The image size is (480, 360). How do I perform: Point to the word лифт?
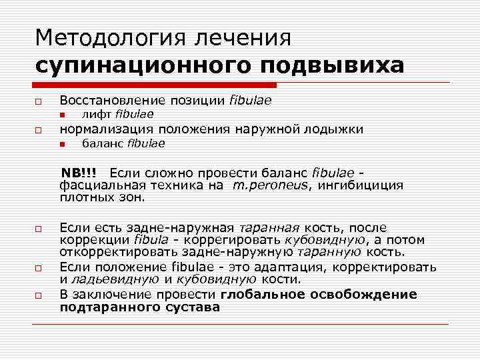point(94,114)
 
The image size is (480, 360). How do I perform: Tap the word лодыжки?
point(338,129)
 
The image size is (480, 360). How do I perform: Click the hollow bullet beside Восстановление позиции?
point(40,101)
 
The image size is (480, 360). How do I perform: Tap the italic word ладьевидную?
point(111,279)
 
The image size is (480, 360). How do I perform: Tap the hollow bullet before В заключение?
point(40,295)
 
